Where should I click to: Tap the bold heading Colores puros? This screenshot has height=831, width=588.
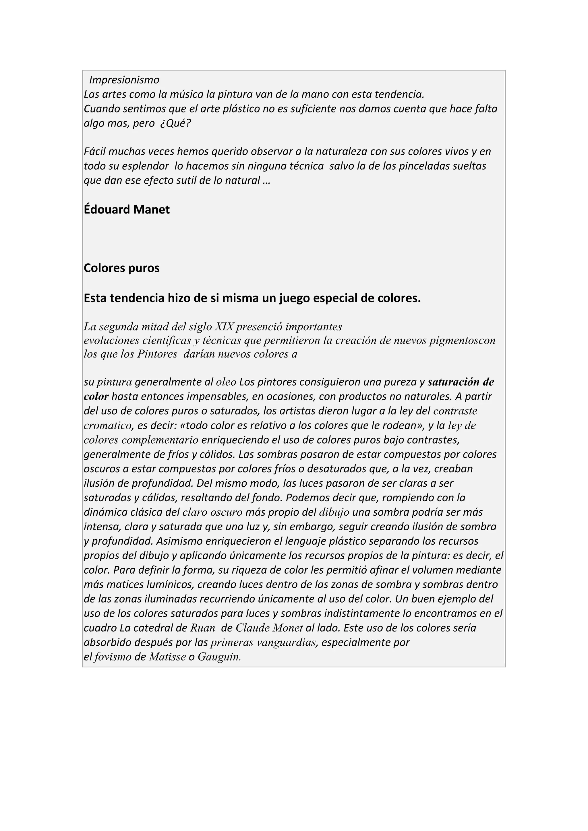click(x=122, y=268)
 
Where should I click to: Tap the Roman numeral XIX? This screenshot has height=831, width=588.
click(x=224, y=327)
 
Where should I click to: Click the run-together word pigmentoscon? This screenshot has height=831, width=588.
click(x=462, y=341)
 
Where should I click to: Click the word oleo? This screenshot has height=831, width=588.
click(x=226, y=382)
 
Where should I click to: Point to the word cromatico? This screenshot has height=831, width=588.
click(x=108, y=425)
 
